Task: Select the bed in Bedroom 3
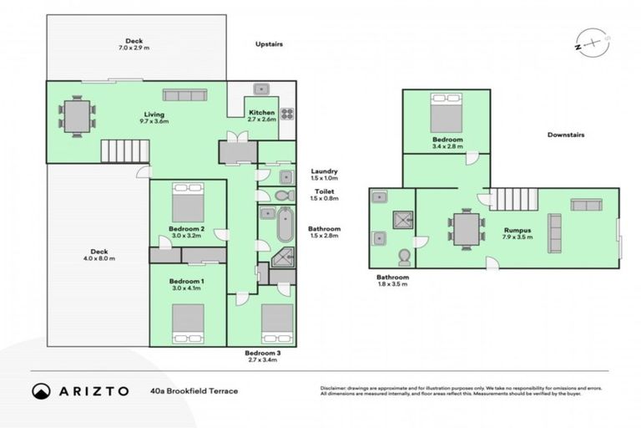(277, 324)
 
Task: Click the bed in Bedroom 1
(188, 323)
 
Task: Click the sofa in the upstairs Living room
(184, 94)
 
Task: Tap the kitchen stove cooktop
(286, 115)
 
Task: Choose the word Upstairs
(271, 43)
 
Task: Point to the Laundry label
(323, 175)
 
